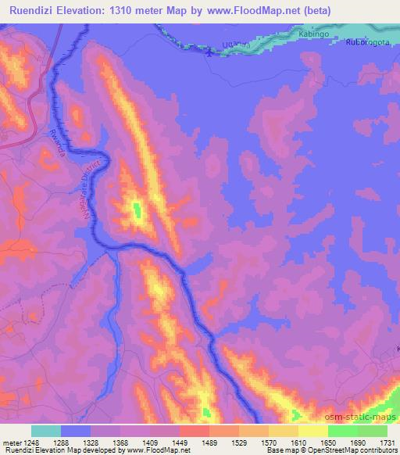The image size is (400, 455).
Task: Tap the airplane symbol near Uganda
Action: coord(207,53)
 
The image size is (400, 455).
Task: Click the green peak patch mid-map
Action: coord(137,210)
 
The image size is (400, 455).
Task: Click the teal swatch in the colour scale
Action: coord(46,431)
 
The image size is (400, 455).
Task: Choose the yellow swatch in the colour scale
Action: coord(313,431)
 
